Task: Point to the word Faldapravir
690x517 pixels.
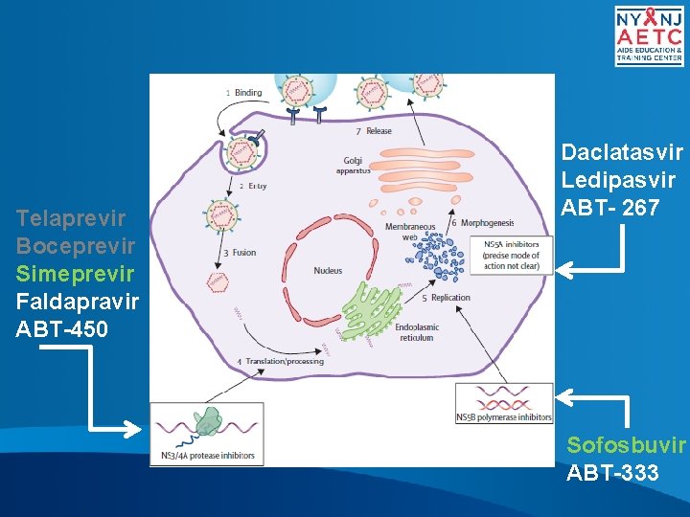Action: click(78, 302)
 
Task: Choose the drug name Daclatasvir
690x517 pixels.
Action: click(622, 152)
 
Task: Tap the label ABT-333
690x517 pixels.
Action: click(613, 472)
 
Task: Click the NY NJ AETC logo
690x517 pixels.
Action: click(649, 35)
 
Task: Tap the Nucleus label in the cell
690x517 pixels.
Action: click(328, 271)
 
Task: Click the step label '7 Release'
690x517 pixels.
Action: click(374, 131)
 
